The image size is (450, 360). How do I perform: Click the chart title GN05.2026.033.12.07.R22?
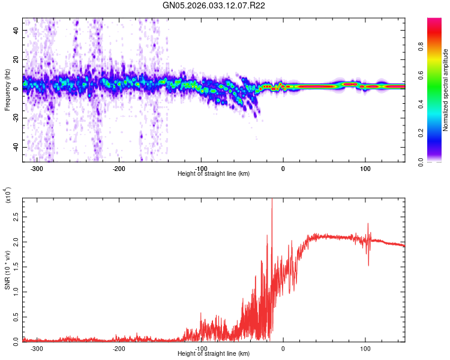coord(214,5)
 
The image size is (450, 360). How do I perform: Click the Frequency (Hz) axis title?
coord(8,90)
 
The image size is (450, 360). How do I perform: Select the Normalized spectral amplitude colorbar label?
coord(445,90)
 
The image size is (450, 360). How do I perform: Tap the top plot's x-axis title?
coord(214,173)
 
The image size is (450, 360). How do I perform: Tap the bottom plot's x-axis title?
coord(214,353)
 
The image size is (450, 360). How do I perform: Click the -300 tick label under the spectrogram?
coord(37,168)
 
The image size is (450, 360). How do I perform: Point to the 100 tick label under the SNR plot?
coord(365,348)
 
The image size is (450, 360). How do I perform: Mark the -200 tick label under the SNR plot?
coord(118,348)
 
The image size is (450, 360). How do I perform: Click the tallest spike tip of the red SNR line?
coord(272,200)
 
